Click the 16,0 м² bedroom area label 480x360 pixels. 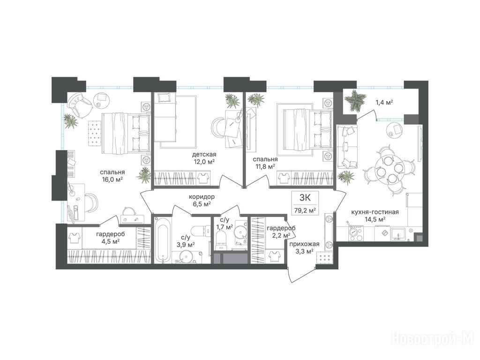[112, 180]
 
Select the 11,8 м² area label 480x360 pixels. [265, 167]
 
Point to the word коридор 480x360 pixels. [202, 196]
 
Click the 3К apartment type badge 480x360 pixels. [305, 197]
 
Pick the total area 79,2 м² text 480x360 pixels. [305, 210]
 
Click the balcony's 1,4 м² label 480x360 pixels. [384, 102]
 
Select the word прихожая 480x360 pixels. [305, 244]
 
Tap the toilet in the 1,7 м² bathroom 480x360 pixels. [221, 240]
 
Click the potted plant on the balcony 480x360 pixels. [355, 100]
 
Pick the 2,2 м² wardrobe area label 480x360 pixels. [281, 232]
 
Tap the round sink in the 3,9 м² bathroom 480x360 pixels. [186, 256]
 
